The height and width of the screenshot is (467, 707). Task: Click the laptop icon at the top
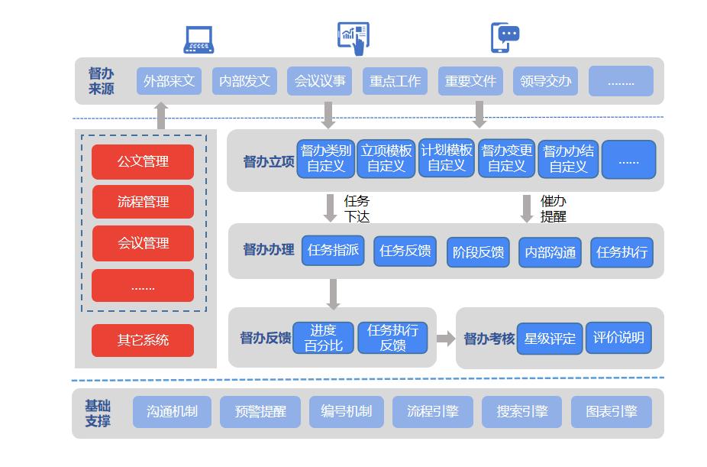(x=199, y=40)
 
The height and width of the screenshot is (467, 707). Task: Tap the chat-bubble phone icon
(x=504, y=37)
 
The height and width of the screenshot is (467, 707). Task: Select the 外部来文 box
(x=169, y=81)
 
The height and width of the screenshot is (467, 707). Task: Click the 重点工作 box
(x=395, y=81)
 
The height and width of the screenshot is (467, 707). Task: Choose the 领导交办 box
(x=545, y=81)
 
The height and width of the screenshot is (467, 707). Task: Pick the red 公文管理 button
(x=143, y=161)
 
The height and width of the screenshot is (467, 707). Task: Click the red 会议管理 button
(x=143, y=243)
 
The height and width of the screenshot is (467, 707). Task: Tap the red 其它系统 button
(x=143, y=340)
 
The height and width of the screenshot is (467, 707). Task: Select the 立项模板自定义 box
(x=386, y=158)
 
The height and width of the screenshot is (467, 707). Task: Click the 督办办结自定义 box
(x=567, y=158)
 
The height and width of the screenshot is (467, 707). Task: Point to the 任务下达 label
(x=357, y=209)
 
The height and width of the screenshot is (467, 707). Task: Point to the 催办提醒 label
(x=554, y=209)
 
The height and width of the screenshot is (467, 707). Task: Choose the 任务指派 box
(x=333, y=250)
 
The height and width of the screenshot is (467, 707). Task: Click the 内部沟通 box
(x=550, y=252)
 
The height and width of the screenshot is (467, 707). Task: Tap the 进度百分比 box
(x=323, y=338)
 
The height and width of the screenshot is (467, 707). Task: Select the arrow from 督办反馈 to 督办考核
(x=446, y=339)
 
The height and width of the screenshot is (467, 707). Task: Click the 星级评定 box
(x=550, y=338)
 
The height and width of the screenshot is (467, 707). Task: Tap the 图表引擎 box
(x=611, y=411)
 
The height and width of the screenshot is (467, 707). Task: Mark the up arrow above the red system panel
(x=160, y=116)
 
